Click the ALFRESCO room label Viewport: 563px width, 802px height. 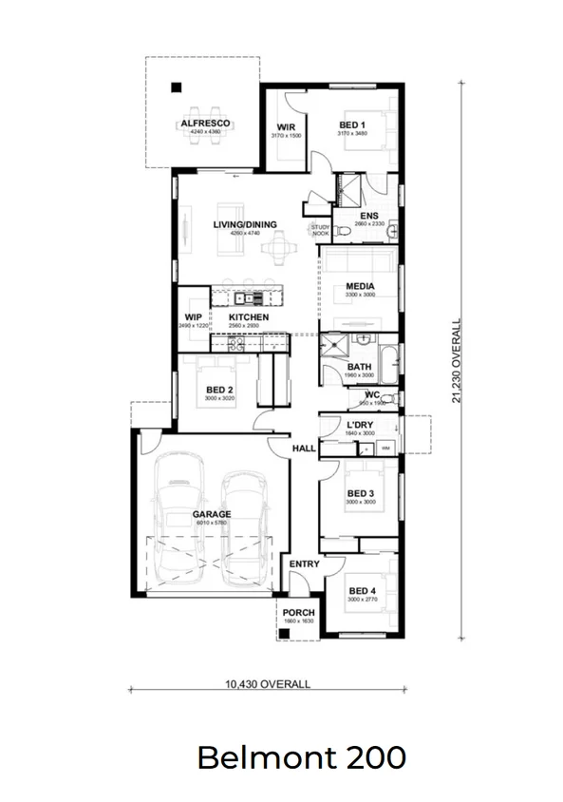pyautogui.click(x=204, y=124)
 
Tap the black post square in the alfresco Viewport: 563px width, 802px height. pyautogui.click(x=176, y=89)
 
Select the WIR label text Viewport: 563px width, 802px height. pyautogui.click(x=285, y=126)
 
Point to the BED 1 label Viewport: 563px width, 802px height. pyautogui.click(x=351, y=125)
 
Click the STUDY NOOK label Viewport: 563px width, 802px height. pyautogui.click(x=320, y=229)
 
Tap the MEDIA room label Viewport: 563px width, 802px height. pyautogui.click(x=359, y=286)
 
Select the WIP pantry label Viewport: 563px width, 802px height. pyautogui.click(x=194, y=316)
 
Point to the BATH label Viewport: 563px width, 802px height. pyautogui.click(x=359, y=367)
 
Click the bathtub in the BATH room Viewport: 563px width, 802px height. pyautogui.click(x=389, y=365)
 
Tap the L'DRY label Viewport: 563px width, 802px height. pyautogui.click(x=359, y=424)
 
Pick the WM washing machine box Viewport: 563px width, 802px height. pyautogui.click(x=385, y=447)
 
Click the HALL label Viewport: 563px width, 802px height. pyautogui.click(x=304, y=448)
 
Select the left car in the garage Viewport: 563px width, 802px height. pyautogui.click(x=179, y=518)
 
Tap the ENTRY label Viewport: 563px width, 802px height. pyautogui.click(x=304, y=564)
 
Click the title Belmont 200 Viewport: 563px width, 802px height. pyautogui.click(x=301, y=757)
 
